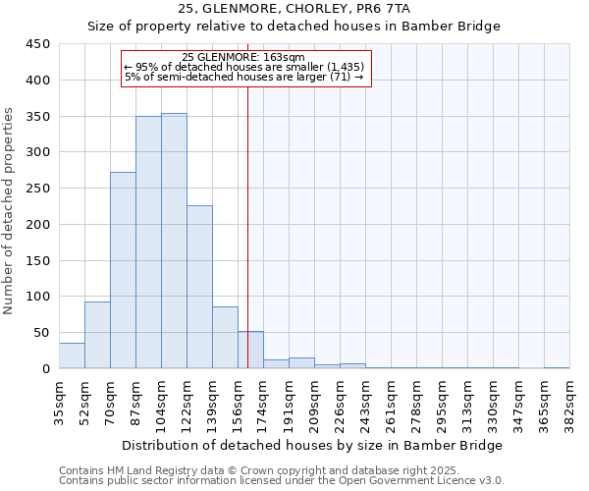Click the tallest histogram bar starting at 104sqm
[x=174, y=241]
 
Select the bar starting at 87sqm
[x=148, y=243]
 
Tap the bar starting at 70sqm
[x=123, y=270]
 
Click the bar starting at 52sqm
[x=97, y=335]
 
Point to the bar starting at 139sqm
[x=225, y=338]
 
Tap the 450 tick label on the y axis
[x=38, y=44]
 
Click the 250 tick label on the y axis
[x=38, y=189]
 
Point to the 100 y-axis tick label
[x=38, y=297]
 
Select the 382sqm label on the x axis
[x=569, y=403]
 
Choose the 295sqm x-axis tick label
[x=442, y=403]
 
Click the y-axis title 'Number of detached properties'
[x=11, y=211]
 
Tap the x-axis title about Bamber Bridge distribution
[x=313, y=445]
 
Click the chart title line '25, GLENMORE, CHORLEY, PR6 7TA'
[x=294, y=9]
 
